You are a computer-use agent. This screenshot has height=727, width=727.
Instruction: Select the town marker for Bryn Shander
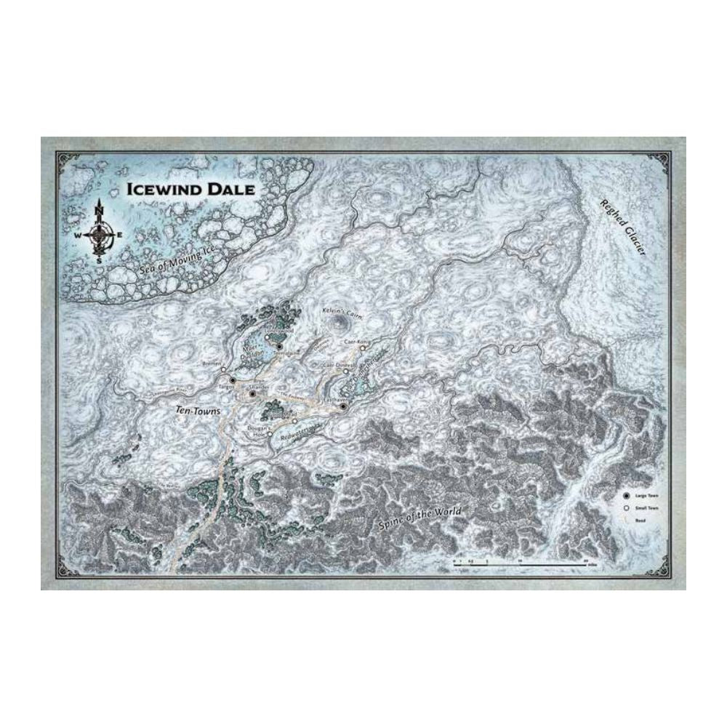click(x=252, y=393)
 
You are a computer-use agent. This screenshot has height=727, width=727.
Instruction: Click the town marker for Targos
click(x=233, y=380)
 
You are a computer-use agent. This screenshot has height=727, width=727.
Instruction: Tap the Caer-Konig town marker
click(x=363, y=348)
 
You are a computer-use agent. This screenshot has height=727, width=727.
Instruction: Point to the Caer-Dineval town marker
click(x=347, y=371)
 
